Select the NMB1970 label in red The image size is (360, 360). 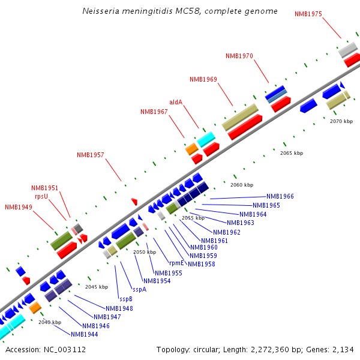click(239, 56)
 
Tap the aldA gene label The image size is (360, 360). click(176, 102)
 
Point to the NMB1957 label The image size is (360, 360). click(91, 155)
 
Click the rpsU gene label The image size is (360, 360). click(41, 196)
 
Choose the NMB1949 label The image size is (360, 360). click(19, 207)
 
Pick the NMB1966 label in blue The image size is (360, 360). click(280, 196)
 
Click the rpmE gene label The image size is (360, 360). click(176, 263)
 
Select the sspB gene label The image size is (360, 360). click(126, 298)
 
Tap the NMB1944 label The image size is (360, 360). click(85, 334)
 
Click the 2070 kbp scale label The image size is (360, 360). click(341, 121)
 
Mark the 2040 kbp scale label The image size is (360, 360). click(50, 322)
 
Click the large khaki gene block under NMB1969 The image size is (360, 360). click(240, 117)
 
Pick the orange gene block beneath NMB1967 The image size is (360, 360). click(192, 148)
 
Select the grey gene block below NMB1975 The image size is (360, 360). click(348, 49)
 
